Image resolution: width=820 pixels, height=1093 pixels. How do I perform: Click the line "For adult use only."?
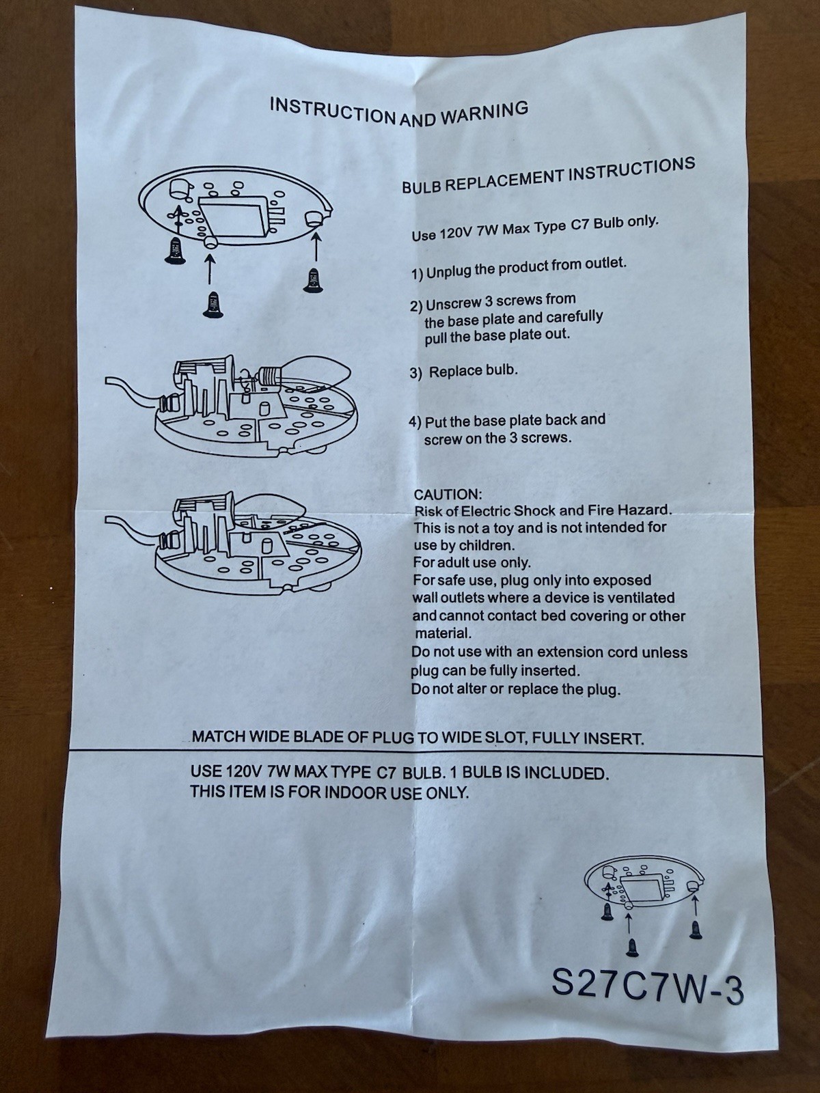point(472,563)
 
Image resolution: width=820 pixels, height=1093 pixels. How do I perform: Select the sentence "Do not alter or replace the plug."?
point(516,690)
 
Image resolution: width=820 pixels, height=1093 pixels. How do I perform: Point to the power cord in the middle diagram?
point(137,391)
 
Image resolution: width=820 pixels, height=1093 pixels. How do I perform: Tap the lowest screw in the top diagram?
point(213,304)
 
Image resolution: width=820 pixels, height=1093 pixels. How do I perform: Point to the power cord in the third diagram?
point(137,530)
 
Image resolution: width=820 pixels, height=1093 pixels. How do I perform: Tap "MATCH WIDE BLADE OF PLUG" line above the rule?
point(418,736)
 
